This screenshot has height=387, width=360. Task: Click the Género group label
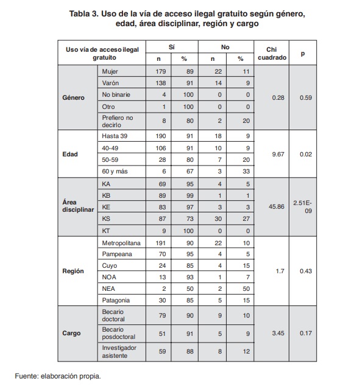coord(74,97)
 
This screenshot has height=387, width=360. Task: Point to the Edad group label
coord(69,155)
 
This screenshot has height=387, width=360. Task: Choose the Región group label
coord(73,270)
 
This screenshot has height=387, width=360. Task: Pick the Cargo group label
coord(72,333)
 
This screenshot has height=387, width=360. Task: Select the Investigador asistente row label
coord(119,351)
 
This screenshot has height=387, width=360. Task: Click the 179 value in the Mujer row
coord(159,71)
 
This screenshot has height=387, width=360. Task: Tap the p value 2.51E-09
coord(303,206)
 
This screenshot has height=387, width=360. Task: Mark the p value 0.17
coord(303,333)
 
